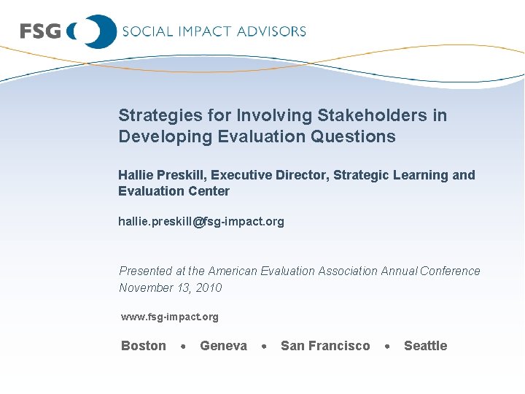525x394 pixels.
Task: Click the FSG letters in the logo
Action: (40, 31)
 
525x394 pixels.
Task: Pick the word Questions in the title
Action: (357, 136)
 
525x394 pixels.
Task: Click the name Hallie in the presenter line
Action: (136, 175)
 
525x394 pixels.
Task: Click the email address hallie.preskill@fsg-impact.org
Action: (201, 221)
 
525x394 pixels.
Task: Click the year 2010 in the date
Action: (209, 287)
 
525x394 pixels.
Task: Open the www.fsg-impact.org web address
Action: (169, 317)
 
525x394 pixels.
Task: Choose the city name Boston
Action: (144, 346)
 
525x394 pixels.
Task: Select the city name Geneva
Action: (223, 346)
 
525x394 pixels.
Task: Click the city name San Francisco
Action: (325, 346)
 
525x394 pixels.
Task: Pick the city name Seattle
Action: (425, 346)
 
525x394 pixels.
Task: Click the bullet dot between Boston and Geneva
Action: (183, 347)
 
